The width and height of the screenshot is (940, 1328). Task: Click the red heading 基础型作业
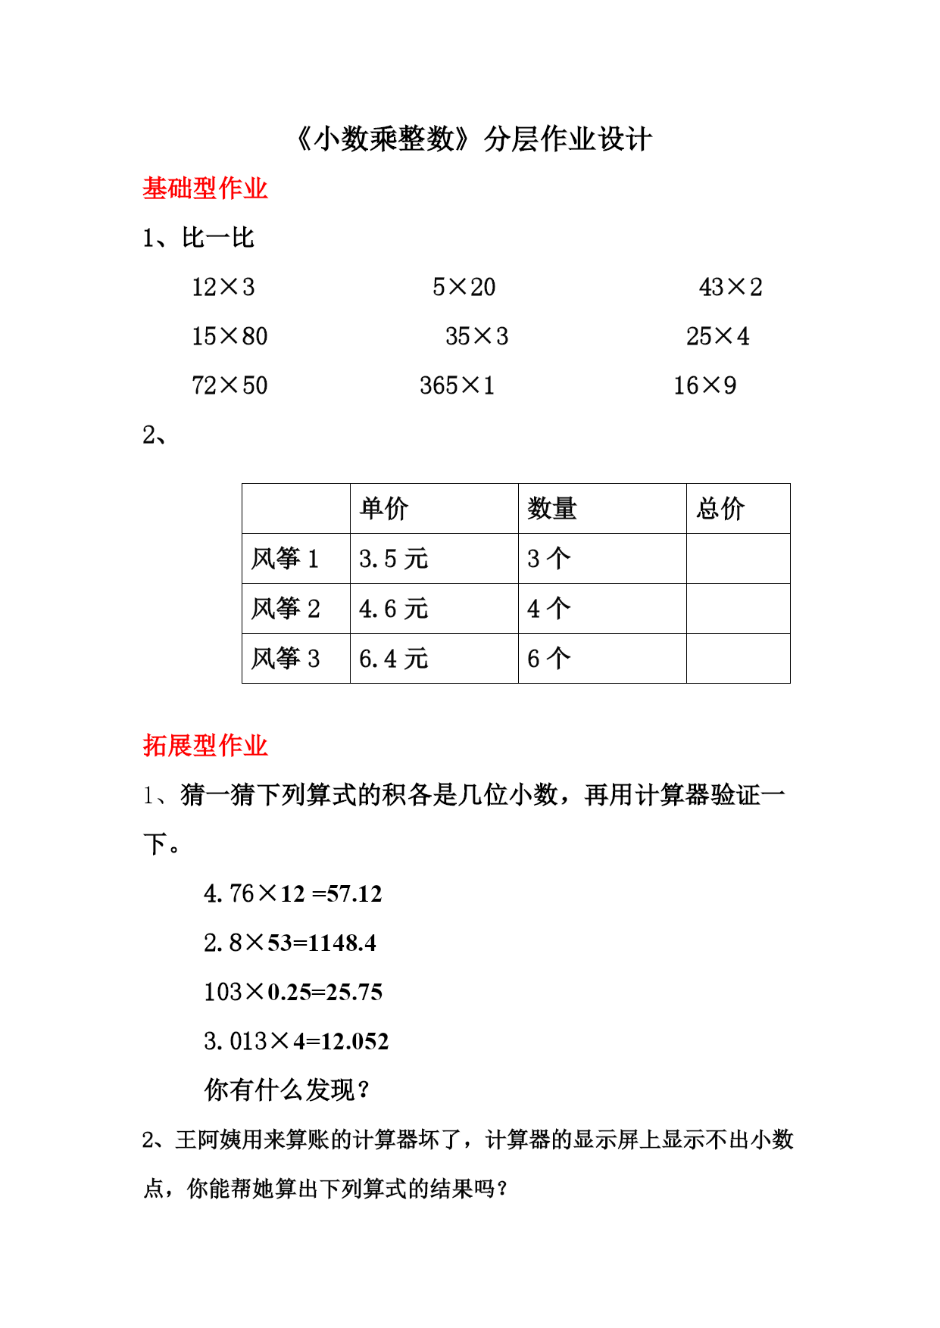tap(205, 189)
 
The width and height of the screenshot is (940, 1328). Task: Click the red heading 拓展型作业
tap(205, 746)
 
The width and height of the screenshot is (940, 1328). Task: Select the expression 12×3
tap(223, 288)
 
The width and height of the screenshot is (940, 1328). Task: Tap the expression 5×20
tap(464, 288)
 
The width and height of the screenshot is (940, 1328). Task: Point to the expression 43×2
tap(730, 288)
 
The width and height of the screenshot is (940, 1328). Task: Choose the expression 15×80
tap(230, 337)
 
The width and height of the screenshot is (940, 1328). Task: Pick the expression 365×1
tap(457, 386)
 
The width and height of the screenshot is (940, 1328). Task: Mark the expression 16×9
tap(704, 386)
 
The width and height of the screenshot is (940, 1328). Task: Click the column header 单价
tap(384, 509)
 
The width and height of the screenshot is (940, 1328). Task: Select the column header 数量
tap(552, 509)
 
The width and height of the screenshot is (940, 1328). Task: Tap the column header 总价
tap(720, 509)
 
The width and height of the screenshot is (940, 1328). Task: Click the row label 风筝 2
tap(286, 609)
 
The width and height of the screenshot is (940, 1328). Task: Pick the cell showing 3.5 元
tap(393, 559)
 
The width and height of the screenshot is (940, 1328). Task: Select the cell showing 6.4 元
tap(393, 659)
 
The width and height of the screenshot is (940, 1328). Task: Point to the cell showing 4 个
tap(548, 609)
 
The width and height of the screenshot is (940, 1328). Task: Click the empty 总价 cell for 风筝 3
tap(738, 659)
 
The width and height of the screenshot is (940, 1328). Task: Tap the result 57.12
tap(354, 894)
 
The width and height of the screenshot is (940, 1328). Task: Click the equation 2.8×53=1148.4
tap(290, 943)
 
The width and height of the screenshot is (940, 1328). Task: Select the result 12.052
tap(354, 1042)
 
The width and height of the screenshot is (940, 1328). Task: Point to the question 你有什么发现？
tap(288, 1091)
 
